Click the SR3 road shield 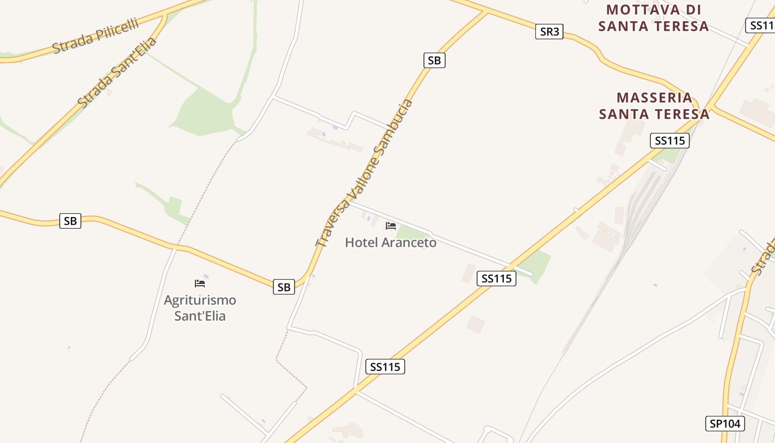[x=549, y=32]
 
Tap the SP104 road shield [x=725, y=424]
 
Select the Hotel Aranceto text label [x=391, y=243]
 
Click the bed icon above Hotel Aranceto [x=391, y=226]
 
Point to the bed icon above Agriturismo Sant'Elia [x=200, y=284]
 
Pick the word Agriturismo [x=200, y=300]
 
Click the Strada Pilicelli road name [x=95, y=37]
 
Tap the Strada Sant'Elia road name [x=117, y=72]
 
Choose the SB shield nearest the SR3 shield [x=435, y=60]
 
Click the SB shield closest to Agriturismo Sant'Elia [x=284, y=287]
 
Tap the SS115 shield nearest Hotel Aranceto [x=497, y=279]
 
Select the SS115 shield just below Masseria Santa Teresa [x=670, y=141]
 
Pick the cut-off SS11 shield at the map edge [x=761, y=25]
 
